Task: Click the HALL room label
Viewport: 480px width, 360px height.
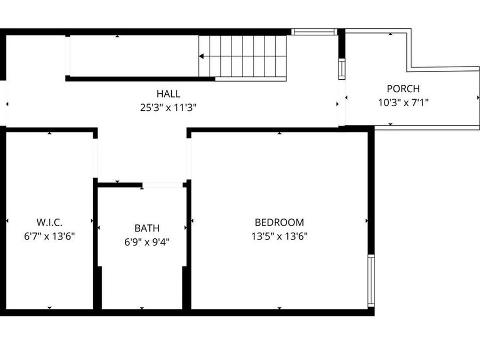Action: (168, 94)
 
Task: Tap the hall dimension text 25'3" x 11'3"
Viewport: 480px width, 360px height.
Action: (168, 107)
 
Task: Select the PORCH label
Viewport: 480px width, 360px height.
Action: (403, 89)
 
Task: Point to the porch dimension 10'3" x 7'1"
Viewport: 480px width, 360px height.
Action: (403, 102)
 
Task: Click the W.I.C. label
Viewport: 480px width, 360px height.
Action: (50, 222)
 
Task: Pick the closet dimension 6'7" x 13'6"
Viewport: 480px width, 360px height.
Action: (50, 236)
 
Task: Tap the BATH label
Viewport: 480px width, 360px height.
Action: (147, 228)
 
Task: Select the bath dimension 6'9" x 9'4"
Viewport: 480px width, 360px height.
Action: (147, 242)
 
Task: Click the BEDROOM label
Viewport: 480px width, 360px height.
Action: (279, 222)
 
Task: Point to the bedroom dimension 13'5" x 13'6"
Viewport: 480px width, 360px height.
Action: (279, 236)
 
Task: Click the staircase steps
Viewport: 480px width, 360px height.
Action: (243, 56)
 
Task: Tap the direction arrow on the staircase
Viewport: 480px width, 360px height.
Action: (202, 56)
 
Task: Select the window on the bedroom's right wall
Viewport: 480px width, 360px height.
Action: (371, 281)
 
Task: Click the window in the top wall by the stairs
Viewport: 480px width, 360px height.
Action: (314, 32)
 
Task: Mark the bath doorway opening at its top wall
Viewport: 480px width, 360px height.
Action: (163, 185)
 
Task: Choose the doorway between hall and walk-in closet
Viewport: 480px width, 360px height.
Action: (95, 158)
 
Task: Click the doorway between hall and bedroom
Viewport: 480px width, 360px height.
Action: (189, 158)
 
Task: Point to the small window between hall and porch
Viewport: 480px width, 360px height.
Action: (342, 69)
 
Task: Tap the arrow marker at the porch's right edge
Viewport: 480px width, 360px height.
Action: (477, 98)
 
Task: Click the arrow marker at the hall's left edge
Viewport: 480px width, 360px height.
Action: (7, 104)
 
